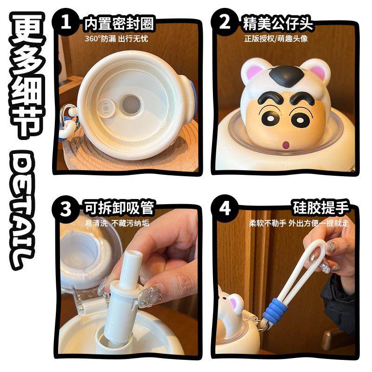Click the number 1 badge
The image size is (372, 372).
pos(66,22)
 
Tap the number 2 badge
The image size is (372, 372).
pos(225,22)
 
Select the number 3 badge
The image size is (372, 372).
pos(66,209)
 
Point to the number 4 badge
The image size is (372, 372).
pos(225,209)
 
